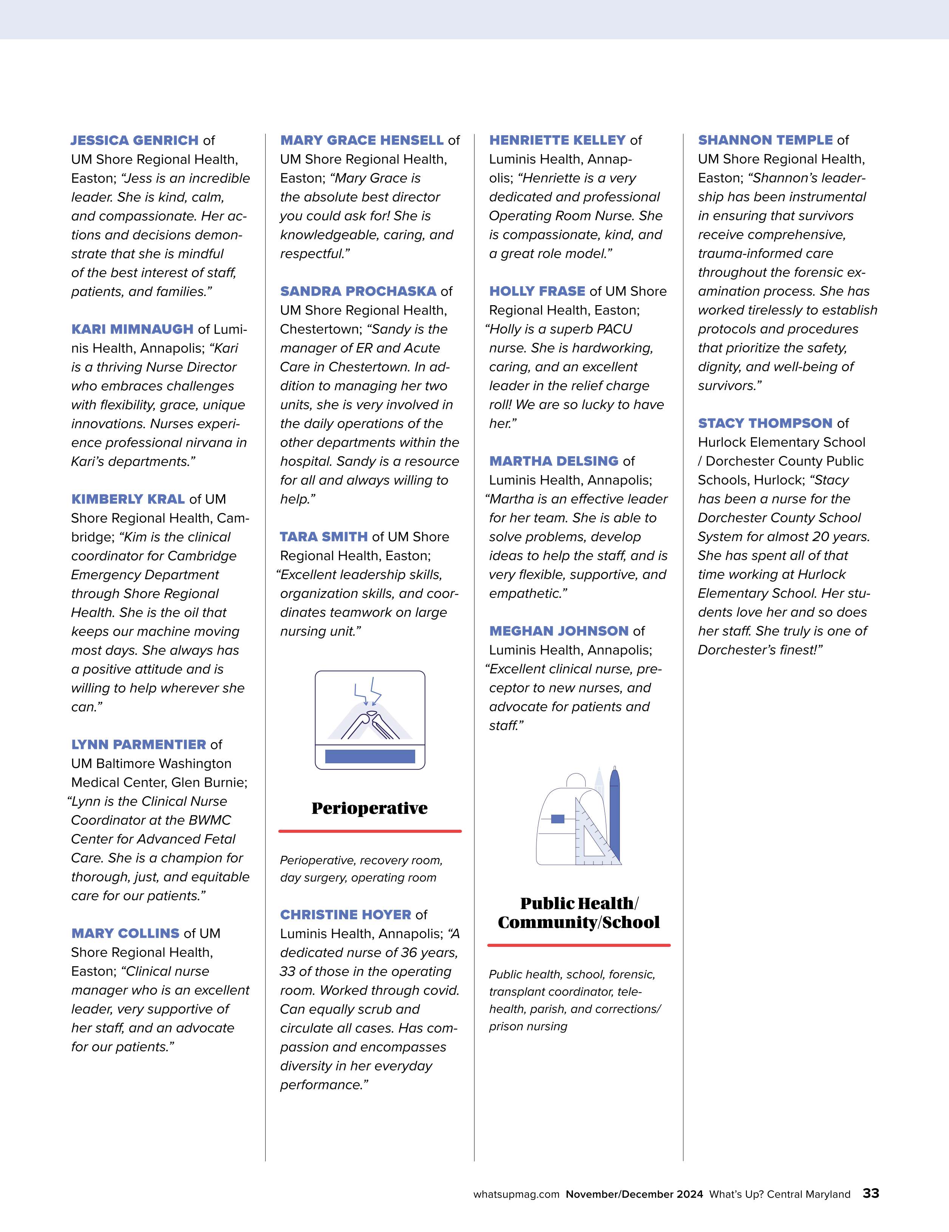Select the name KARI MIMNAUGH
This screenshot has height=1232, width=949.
pyautogui.click(x=132, y=329)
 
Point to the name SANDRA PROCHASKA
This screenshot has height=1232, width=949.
pyautogui.click(x=358, y=291)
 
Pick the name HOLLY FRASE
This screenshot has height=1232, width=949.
pyautogui.click(x=536, y=291)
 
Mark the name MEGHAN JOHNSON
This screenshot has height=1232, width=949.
pyautogui.click(x=559, y=631)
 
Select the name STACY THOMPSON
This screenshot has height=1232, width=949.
pyautogui.click(x=765, y=423)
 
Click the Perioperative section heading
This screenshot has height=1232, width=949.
pyautogui.click(x=369, y=808)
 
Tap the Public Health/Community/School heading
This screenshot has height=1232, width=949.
pyautogui.click(x=579, y=913)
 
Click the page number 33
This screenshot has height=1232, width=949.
pyautogui.click(x=870, y=1193)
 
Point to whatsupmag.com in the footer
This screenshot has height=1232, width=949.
pyautogui.click(x=516, y=1194)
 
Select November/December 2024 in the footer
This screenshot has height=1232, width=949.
pyautogui.click(x=634, y=1194)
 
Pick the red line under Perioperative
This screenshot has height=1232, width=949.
pyautogui.click(x=369, y=831)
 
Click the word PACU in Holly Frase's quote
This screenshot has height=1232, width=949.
pyautogui.click(x=613, y=329)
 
